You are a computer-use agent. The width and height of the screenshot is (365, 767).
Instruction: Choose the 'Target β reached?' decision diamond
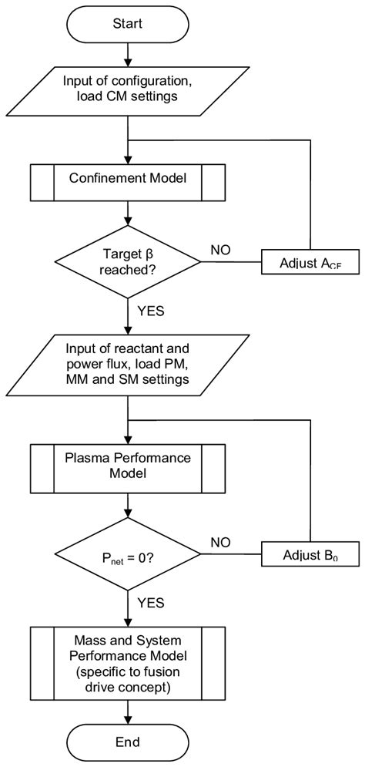click(x=128, y=262)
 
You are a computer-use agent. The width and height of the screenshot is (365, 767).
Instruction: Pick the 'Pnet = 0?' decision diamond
click(x=128, y=553)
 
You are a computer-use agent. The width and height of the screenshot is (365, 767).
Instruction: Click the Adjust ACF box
click(x=310, y=262)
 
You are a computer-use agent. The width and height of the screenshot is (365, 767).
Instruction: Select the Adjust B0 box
click(x=310, y=553)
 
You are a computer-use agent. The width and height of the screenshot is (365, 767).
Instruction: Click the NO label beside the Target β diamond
click(x=221, y=250)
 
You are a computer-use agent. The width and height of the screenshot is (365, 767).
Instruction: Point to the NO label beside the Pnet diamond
click(x=221, y=540)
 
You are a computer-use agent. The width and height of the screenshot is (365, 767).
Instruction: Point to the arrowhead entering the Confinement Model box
click(x=128, y=160)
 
